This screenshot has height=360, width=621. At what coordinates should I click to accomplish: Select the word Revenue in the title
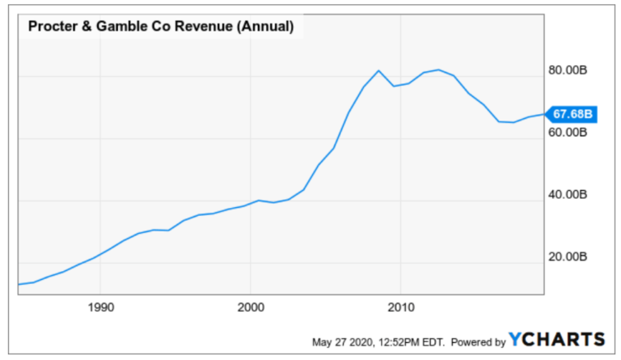[199, 27]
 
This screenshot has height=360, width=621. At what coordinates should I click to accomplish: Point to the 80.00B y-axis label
[565, 70]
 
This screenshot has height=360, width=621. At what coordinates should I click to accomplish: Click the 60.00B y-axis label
[565, 133]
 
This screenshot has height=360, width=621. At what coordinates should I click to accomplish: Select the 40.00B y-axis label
[565, 195]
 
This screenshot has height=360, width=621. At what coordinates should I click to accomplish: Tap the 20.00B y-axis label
[565, 257]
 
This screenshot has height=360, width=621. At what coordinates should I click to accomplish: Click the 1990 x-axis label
[100, 307]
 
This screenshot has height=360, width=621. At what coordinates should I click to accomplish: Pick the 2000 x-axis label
[251, 307]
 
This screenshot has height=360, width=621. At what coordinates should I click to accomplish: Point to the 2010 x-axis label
[402, 307]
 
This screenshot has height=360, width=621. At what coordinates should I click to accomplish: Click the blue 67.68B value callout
[572, 114]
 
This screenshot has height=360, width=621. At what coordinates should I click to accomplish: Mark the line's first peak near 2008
[378, 70]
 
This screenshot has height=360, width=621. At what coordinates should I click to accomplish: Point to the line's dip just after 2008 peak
[393, 86]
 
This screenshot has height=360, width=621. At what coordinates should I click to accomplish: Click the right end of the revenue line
[543, 114]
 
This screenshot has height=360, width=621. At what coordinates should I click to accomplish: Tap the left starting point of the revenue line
[19, 284]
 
